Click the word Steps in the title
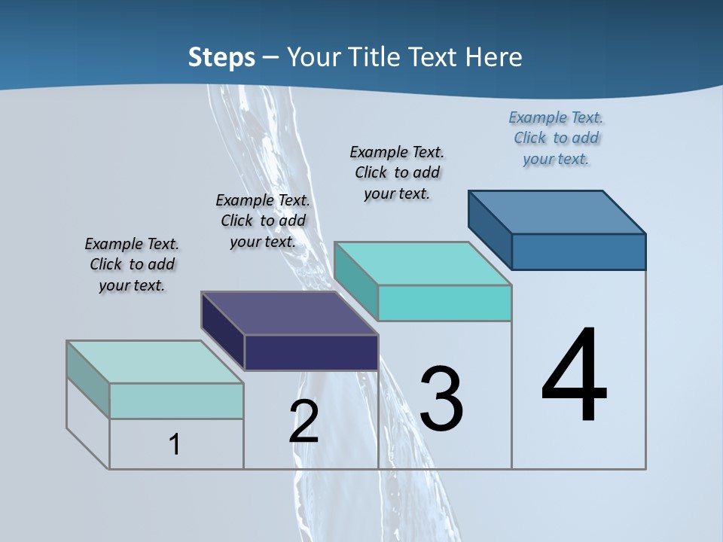tap(221, 57)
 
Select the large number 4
tap(574, 376)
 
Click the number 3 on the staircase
tap(441, 399)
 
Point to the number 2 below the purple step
tap(304, 422)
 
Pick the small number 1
tap(175, 445)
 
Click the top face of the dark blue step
tap(557, 212)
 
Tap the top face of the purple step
tap(289, 312)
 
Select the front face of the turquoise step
tap(444, 303)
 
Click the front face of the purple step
tap(311, 352)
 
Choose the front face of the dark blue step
tap(578, 251)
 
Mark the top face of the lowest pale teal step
tap(154, 362)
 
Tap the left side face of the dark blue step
tap(490, 229)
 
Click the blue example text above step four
tap(556, 139)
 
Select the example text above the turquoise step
tap(397, 172)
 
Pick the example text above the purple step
tap(263, 221)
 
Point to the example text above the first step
tap(132, 264)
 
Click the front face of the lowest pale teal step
tap(176, 400)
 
